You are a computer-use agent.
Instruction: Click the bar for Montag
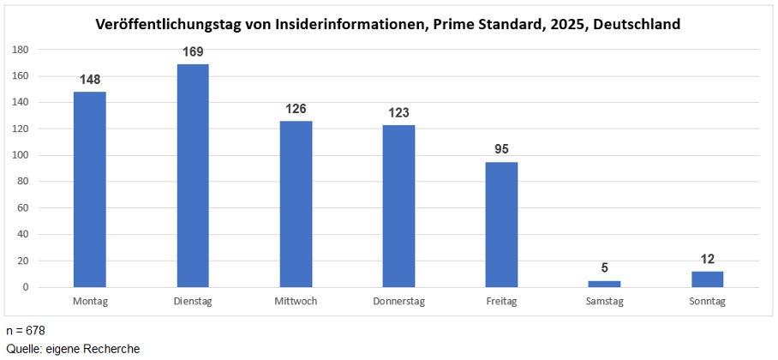(x=90, y=189)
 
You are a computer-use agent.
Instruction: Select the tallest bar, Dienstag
(x=193, y=176)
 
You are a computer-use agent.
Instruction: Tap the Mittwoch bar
(x=296, y=204)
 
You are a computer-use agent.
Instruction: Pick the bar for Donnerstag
(x=398, y=206)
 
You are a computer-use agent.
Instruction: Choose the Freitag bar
(x=501, y=225)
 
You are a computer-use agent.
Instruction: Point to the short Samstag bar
(x=604, y=284)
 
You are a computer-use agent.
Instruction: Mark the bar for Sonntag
(x=708, y=279)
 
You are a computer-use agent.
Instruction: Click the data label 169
(x=193, y=52)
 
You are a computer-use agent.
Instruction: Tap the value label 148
(x=90, y=80)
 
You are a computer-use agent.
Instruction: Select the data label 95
(x=501, y=150)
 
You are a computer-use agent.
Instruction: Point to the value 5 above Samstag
(x=604, y=268)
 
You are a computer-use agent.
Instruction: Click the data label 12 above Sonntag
(x=708, y=259)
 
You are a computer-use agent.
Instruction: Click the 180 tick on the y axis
(x=21, y=50)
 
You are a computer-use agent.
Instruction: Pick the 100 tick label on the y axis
(x=21, y=155)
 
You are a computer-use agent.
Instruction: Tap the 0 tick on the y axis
(x=27, y=287)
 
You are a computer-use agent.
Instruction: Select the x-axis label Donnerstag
(x=398, y=302)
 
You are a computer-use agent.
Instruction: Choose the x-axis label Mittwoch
(x=296, y=302)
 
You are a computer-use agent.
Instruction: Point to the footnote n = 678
(x=25, y=330)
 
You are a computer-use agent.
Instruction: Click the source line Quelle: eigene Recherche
(x=72, y=348)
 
